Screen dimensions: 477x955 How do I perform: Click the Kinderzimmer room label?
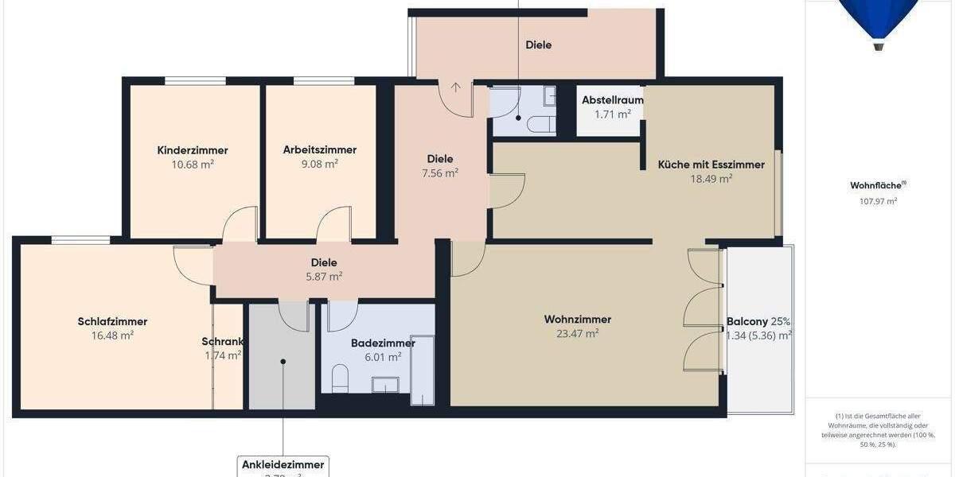click(x=193, y=150)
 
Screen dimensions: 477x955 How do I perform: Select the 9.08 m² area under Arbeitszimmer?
click(x=319, y=164)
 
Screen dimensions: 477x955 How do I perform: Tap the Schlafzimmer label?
click(x=112, y=321)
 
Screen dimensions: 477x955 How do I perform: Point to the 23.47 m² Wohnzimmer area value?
click(x=577, y=334)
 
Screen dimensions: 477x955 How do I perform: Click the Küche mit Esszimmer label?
click(x=711, y=165)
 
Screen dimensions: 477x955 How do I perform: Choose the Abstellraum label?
click(x=612, y=100)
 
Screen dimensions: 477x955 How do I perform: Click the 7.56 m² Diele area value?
click(x=439, y=173)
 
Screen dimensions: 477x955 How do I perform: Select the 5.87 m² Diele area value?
click(x=323, y=277)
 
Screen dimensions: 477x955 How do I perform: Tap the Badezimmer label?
click(x=383, y=343)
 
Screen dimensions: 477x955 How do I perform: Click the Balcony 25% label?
click(x=758, y=322)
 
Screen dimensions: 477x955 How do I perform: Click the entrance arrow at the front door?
click(x=457, y=88)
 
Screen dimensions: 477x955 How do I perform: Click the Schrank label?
click(x=222, y=342)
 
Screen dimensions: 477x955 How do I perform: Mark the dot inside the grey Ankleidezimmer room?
click(x=283, y=361)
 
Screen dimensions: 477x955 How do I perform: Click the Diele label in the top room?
click(x=538, y=45)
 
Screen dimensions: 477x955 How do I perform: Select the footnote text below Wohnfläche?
click(x=879, y=430)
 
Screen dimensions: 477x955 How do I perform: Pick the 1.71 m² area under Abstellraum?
click(x=612, y=114)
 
